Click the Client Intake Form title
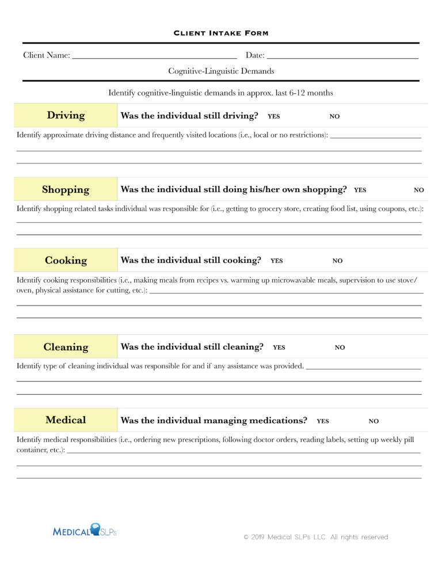(x=221, y=33)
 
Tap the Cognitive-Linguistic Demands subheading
(x=221, y=71)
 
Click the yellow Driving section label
(x=66, y=115)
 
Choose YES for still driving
(x=274, y=116)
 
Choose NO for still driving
(x=334, y=116)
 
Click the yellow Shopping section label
(x=66, y=189)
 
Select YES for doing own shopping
(x=360, y=190)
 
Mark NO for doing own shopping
(x=419, y=190)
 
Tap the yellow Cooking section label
(x=66, y=260)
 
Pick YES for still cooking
(x=277, y=261)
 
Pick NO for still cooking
(x=337, y=261)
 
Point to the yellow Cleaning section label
(x=66, y=347)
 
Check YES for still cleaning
(x=279, y=348)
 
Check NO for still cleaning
(x=340, y=348)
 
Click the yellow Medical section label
(x=66, y=420)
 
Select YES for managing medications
(x=323, y=421)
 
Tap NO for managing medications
(x=374, y=421)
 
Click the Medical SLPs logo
(x=85, y=531)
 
